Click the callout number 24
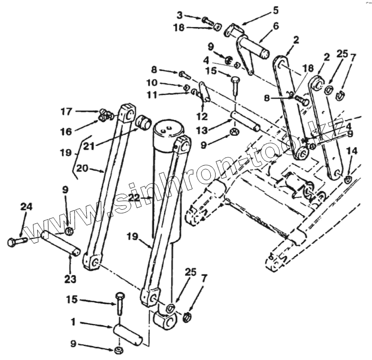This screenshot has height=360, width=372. pos(26,207)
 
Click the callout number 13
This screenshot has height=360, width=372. pos(203,130)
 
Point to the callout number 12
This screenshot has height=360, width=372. pos(202,116)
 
